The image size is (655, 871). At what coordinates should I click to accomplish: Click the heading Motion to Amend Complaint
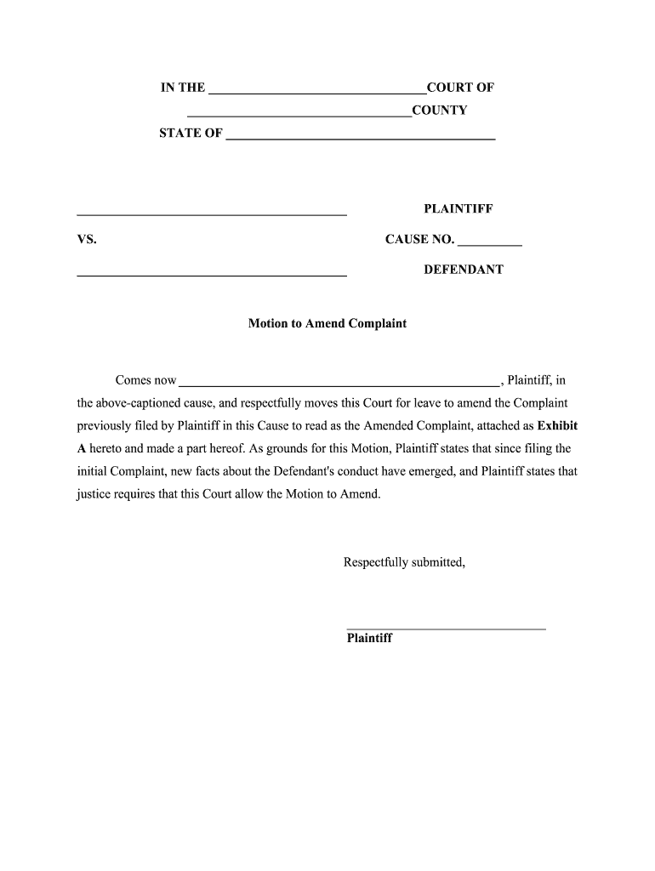coord(327,324)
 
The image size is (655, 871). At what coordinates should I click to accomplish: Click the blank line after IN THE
coord(316,88)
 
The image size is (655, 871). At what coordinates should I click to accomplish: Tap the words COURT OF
coord(460,88)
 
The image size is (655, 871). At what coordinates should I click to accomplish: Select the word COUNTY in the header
coord(440,111)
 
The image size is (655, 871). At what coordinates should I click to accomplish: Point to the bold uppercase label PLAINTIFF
coord(458,209)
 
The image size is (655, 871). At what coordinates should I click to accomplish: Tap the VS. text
coord(87,240)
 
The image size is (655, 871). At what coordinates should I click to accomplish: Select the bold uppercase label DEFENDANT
coord(464,270)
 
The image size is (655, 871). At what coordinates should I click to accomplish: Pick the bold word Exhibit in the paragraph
coord(557,425)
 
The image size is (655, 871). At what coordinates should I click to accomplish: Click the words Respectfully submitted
coord(404,562)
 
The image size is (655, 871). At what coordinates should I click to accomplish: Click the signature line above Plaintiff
coord(446,629)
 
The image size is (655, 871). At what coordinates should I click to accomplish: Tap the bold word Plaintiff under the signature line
coord(369,638)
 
